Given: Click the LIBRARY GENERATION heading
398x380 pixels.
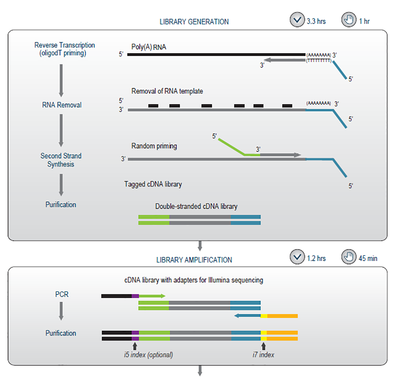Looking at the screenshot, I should (194, 21).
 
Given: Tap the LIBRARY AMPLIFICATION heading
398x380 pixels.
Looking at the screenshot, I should (194, 260).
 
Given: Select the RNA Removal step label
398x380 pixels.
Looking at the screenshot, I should (62, 105).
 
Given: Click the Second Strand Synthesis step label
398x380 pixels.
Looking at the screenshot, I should (61, 160).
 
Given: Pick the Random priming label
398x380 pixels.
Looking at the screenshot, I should (154, 146).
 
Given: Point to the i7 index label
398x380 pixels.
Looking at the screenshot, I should (263, 355).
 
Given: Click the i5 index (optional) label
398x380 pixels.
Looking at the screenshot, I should (148, 355).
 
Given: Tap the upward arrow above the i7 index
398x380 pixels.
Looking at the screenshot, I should (263, 345).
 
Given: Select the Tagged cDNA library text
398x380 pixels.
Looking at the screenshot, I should (153, 184).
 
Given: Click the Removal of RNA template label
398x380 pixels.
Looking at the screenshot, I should (167, 91).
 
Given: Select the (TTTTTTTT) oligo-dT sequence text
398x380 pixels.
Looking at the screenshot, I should (318, 61).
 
